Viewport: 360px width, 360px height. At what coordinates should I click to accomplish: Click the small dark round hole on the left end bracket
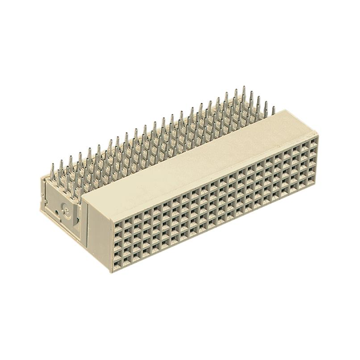[56, 210]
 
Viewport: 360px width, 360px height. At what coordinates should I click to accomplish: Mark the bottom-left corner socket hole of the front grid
[117, 262]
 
